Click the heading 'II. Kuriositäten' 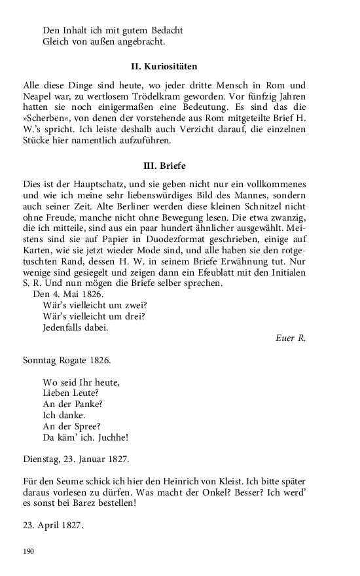(x=164, y=67)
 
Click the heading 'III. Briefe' (x=164, y=166)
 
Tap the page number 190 (x=28, y=552)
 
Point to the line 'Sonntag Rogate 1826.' (x=67, y=361)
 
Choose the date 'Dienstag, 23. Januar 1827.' (x=76, y=460)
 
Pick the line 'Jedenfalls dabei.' (x=75, y=327)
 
